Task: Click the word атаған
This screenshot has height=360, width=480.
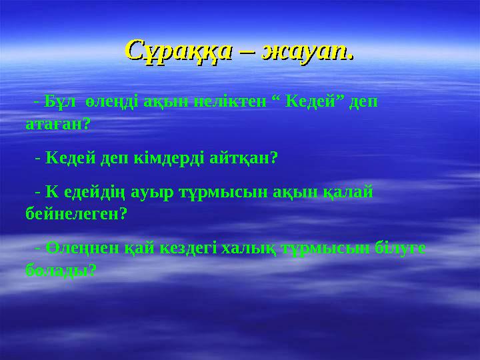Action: [x=57, y=124]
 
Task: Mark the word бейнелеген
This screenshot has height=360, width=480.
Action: [x=75, y=215]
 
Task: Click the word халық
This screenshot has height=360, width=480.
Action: [x=244, y=249]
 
